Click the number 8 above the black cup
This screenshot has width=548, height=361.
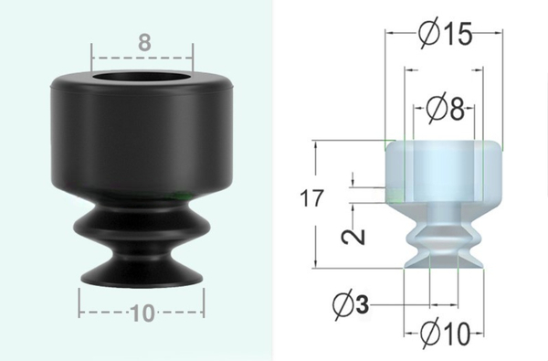[x=142, y=42]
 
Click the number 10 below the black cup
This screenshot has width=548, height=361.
[x=142, y=313]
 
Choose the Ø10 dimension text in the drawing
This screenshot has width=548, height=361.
[x=442, y=333]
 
